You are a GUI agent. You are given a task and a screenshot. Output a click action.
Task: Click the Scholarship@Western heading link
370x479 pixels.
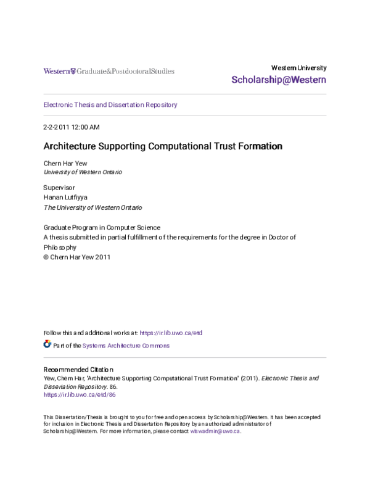pyautogui.click(x=279, y=80)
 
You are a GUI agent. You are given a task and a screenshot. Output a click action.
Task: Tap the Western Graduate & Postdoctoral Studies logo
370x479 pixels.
pyautogui.click(x=109, y=71)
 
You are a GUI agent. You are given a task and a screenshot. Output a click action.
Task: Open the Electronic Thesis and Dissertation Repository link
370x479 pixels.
pyautogui.click(x=110, y=105)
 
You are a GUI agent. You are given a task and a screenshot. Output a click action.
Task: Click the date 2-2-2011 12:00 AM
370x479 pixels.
pyautogui.click(x=71, y=127)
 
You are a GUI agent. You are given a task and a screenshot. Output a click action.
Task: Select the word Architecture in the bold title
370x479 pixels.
pyautogui.click(x=69, y=147)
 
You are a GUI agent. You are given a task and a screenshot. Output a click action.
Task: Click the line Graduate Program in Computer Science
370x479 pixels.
pyautogui.click(x=102, y=227)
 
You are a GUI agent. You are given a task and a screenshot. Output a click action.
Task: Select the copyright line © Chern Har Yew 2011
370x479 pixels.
pyautogui.click(x=76, y=257)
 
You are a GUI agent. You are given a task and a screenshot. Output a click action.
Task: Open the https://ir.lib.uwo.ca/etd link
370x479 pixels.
pyautogui.click(x=171, y=333)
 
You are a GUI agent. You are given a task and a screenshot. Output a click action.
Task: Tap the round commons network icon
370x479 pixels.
pyautogui.click(x=47, y=344)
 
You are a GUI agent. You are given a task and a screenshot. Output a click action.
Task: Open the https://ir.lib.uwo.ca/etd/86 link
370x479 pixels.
pyautogui.click(x=80, y=394)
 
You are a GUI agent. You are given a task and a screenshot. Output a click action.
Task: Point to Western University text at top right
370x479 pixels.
pyautogui.click(x=299, y=68)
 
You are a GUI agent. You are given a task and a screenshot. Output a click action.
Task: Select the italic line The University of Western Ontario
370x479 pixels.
pyautogui.click(x=92, y=208)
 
